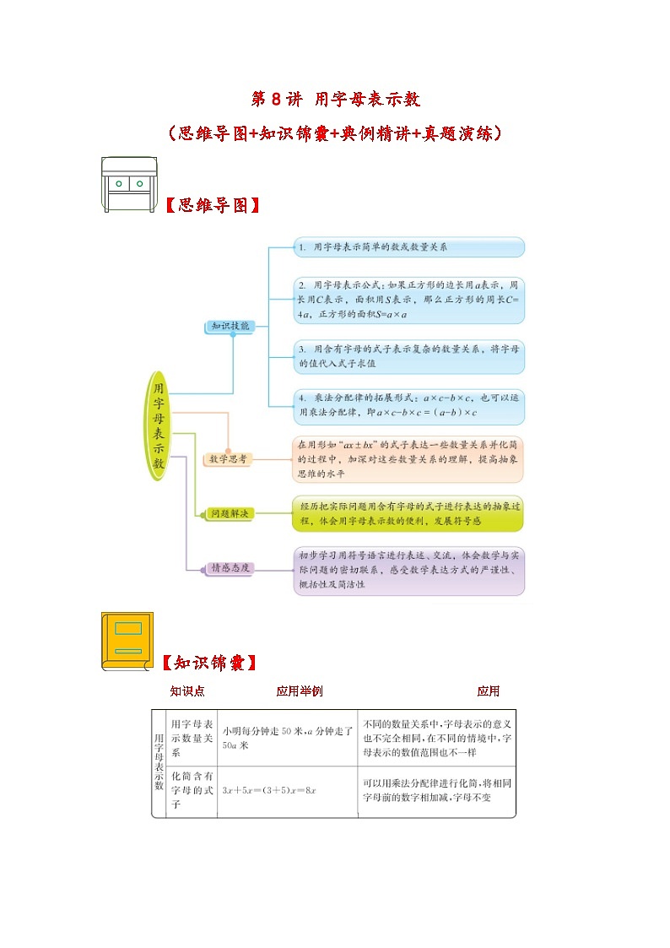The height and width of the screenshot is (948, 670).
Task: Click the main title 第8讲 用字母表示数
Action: click(335, 99)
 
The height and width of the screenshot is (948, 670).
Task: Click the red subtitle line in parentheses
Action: click(335, 133)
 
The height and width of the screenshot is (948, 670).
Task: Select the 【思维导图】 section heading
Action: click(208, 205)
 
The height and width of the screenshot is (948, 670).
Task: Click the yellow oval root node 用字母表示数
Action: click(157, 426)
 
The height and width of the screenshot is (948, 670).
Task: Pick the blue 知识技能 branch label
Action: click(230, 326)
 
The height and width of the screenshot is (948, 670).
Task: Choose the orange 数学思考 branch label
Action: click(230, 458)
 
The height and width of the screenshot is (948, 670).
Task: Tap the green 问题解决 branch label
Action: click(230, 513)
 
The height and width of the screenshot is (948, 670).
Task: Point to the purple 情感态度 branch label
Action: click(230, 568)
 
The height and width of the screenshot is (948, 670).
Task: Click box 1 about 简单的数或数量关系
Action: click(409, 247)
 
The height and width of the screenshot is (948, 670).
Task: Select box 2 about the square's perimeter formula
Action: click(409, 299)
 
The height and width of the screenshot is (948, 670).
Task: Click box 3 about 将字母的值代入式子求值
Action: click(409, 355)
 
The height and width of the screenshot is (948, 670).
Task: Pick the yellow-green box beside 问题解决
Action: click(409, 513)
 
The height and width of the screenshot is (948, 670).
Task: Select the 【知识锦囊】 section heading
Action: click(208, 663)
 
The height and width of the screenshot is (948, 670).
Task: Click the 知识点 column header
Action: click(187, 691)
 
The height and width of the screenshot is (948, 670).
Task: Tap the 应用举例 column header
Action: click(300, 691)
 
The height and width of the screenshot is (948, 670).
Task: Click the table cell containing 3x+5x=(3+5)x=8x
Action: click(287, 790)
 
